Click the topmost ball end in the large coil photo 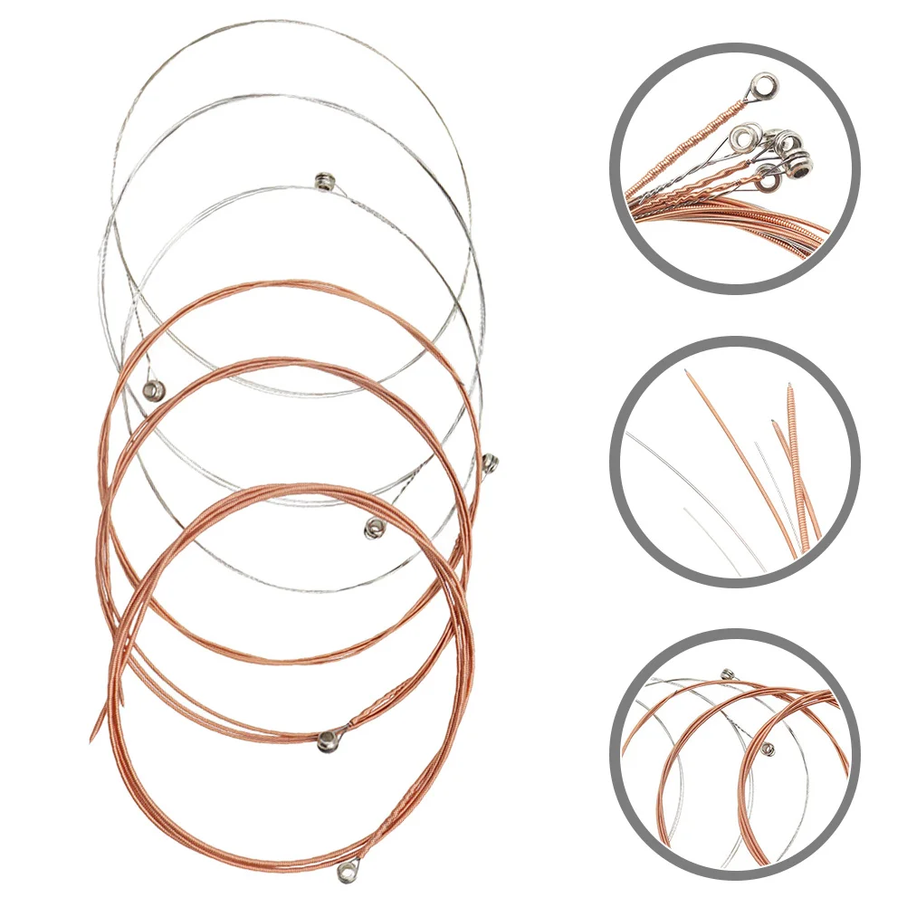tap(322, 181)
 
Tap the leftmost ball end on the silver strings tap(151, 390)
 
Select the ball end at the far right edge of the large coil tap(490, 463)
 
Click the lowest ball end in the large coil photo tap(345, 872)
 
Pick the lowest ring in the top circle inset tap(769, 181)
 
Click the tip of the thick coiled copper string tap(789, 385)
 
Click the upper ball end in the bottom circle tap(728, 673)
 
